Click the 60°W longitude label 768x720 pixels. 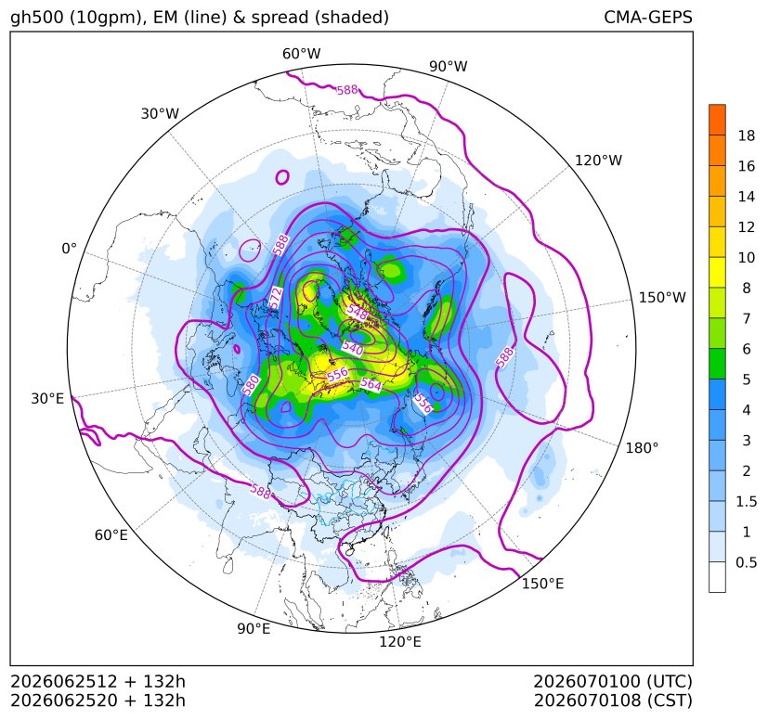[x=301, y=54]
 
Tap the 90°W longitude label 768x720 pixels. [x=449, y=66]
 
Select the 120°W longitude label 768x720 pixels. [x=598, y=161]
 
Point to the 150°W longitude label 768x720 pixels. [x=662, y=297]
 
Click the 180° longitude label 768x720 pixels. [x=642, y=447]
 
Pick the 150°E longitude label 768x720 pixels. [x=542, y=584]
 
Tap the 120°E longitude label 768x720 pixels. [x=399, y=641]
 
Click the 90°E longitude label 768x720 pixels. [x=254, y=628]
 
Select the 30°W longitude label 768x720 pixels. [x=160, y=113]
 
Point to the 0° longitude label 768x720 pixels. [x=69, y=249]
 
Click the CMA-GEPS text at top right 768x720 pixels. [x=648, y=17]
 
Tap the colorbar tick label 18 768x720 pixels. [x=747, y=135]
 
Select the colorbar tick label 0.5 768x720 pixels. [x=746, y=562]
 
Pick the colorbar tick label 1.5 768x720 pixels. [x=746, y=501]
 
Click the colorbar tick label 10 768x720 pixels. [x=747, y=257]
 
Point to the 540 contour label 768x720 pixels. [x=353, y=348]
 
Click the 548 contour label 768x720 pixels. [x=357, y=312]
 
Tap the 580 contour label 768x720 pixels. [x=251, y=385]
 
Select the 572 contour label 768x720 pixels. [x=276, y=298]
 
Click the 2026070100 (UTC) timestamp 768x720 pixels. [x=613, y=681]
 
